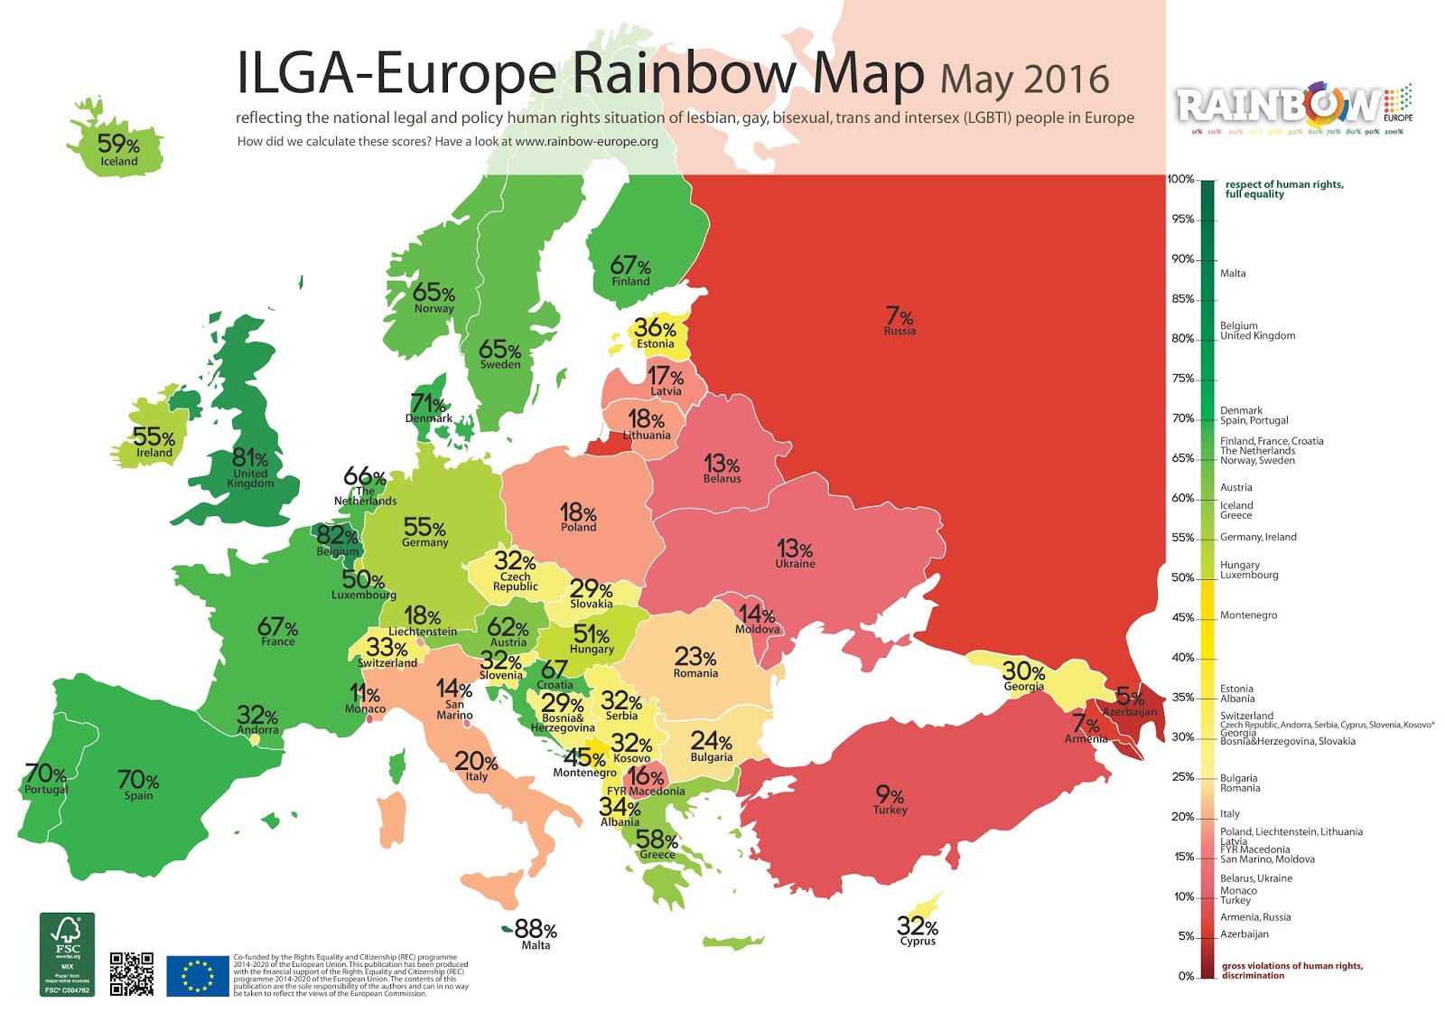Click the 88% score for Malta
(x=536, y=929)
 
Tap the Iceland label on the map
(x=119, y=162)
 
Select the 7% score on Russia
(x=900, y=316)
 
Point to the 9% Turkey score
(x=890, y=794)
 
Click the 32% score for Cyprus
(x=918, y=926)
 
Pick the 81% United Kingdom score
(x=249, y=458)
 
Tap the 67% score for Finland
(x=630, y=265)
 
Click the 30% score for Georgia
(x=1023, y=671)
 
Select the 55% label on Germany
(x=424, y=527)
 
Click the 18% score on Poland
(x=577, y=512)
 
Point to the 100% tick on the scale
(x=1181, y=179)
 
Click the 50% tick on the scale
(x=1183, y=577)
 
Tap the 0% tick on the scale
(x=1187, y=976)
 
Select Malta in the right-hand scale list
(x=1233, y=273)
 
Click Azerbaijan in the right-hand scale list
(x=1245, y=934)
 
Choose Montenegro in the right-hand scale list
(x=1248, y=615)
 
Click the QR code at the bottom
(x=132, y=973)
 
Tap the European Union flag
(x=198, y=976)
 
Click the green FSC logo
(x=67, y=954)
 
